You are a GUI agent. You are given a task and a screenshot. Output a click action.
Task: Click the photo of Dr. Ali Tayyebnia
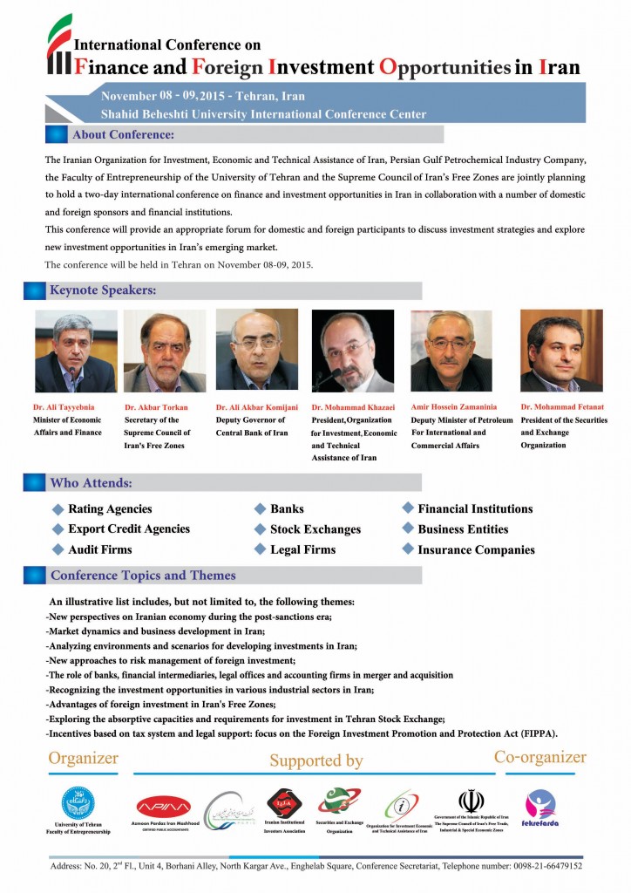click(x=76, y=352)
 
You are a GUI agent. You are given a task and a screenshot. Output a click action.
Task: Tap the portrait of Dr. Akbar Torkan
click(x=165, y=351)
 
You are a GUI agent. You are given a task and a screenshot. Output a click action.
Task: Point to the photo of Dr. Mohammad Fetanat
click(x=561, y=351)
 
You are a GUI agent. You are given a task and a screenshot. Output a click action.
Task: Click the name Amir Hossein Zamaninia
click(x=454, y=407)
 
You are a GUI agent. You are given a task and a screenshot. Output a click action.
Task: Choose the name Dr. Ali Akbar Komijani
click(x=257, y=407)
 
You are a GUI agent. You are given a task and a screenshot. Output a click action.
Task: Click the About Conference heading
click(x=123, y=135)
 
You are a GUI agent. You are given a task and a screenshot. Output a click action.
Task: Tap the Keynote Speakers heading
click(x=103, y=290)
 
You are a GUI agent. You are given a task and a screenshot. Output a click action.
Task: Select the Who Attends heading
click(x=91, y=483)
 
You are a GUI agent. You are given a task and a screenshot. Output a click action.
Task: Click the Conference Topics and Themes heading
click(x=143, y=576)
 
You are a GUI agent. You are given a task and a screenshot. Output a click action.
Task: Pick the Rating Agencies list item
click(x=110, y=509)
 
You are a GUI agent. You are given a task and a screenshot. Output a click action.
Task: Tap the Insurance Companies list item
click(x=476, y=550)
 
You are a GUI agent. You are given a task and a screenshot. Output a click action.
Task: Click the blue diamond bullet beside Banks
click(x=260, y=508)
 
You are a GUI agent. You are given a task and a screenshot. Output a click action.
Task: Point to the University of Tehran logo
click(x=78, y=802)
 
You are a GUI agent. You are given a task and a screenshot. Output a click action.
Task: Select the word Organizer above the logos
click(x=83, y=758)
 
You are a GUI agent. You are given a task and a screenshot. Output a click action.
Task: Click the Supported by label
click(x=315, y=760)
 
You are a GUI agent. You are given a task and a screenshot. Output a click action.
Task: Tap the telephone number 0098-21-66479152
click(x=540, y=866)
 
